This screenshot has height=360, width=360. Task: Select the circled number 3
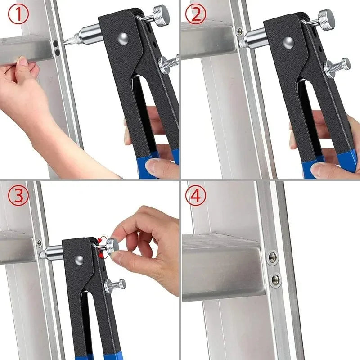coord(18,196)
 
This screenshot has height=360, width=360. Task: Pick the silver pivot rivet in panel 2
coord(289,42)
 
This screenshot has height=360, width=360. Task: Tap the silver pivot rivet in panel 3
coord(79,259)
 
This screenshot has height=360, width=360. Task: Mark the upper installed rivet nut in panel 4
coord(272,257)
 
